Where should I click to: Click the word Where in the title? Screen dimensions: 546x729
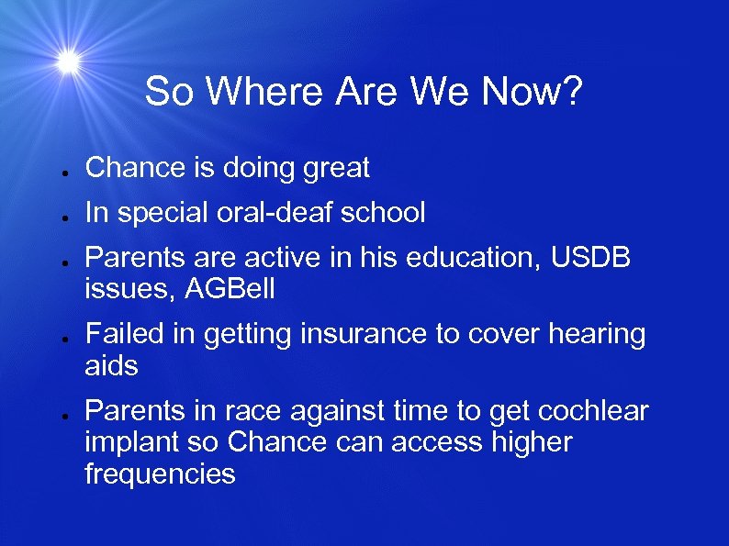(x=266, y=92)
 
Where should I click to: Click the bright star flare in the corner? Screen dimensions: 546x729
(x=67, y=61)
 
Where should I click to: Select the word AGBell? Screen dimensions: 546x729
(x=230, y=290)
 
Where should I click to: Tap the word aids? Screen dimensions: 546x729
(x=111, y=366)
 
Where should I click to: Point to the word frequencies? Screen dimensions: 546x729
(x=160, y=474)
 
